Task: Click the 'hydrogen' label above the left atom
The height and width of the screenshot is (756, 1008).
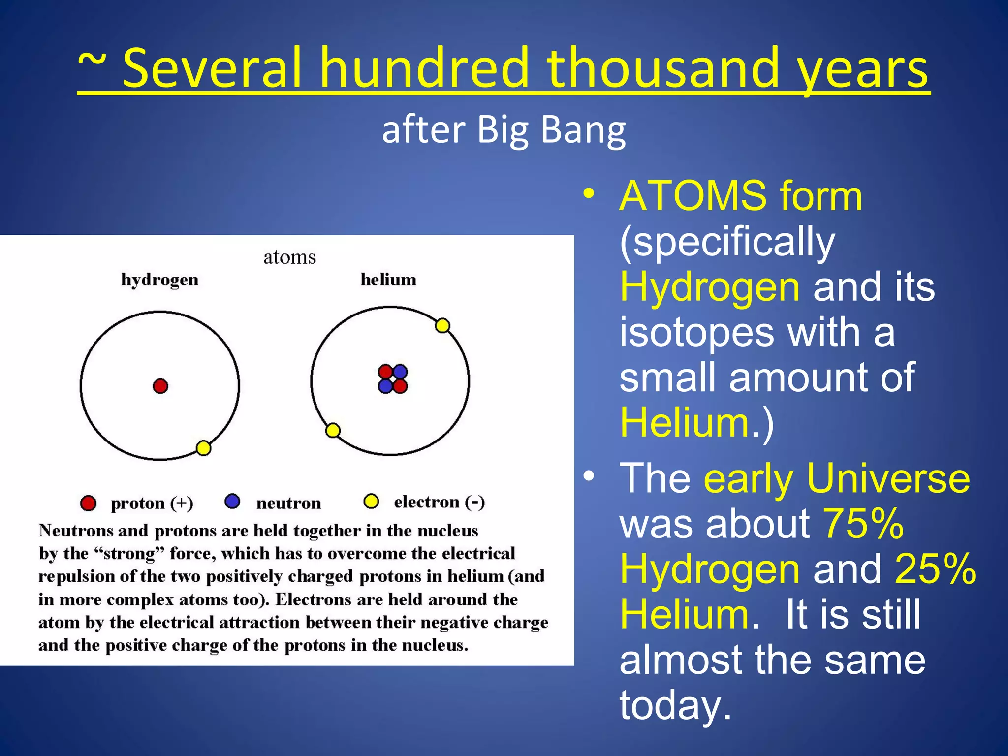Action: pos(159,280)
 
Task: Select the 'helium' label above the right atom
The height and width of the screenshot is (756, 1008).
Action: pos(388,280)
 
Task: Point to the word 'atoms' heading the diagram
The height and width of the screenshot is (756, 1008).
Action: pos(289,257)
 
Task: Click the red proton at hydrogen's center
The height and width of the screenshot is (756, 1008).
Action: pos(160,386)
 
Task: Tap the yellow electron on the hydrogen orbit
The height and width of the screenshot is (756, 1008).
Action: pos(203,448)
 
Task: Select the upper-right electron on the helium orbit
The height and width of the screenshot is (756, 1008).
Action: pos(442,326)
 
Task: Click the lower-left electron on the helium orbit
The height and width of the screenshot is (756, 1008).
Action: pos(333,431)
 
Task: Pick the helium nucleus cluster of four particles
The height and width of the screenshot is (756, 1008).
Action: pos(393,379)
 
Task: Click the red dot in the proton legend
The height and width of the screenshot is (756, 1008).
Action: pos(88,503)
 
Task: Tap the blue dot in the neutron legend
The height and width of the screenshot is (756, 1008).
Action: pos(232,502)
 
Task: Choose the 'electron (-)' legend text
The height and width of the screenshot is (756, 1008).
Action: pos(439,502)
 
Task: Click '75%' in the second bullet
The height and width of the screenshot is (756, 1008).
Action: pos(863,523)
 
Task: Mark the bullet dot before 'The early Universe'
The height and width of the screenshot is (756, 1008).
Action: pos(589,476)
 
